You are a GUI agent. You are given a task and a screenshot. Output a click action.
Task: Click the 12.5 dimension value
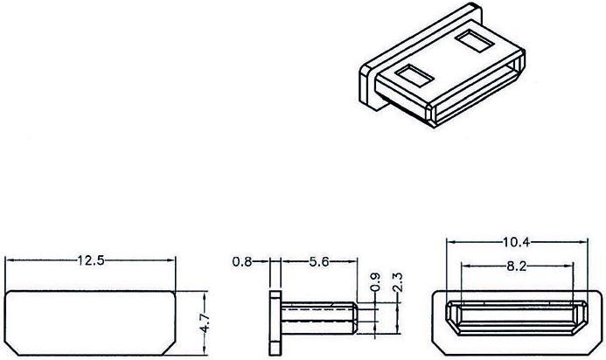tap(91, 260)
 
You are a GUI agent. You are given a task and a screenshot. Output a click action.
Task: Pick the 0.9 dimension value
tap(376, 286)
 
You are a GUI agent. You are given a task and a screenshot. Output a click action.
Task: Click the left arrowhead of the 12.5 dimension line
tap(9, 260)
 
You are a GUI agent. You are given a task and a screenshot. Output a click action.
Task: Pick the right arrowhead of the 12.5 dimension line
tap(174, 260)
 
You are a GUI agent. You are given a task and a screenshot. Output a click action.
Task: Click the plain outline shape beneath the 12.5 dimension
tap(91, 324)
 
